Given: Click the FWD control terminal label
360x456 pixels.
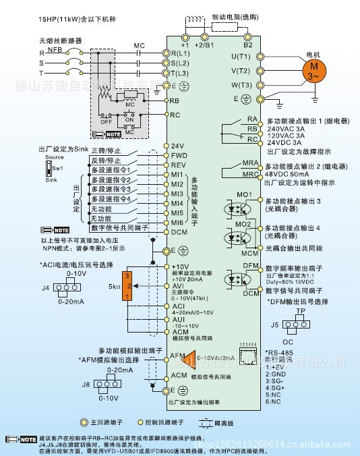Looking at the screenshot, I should (x=178, y=155).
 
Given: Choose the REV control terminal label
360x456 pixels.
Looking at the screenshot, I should (x=178, y=165).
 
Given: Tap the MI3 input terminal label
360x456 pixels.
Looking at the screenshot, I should (x=177, y=194).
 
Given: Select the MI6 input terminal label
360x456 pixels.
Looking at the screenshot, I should (x=177, y=222).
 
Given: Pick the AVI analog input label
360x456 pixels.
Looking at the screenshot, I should (x=177, y=285).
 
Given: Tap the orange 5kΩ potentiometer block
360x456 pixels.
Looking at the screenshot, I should (x=126, y=286).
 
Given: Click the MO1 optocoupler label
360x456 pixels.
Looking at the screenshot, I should (x=245, y=197).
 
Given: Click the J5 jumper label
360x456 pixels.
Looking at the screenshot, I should (x=274, y=324).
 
